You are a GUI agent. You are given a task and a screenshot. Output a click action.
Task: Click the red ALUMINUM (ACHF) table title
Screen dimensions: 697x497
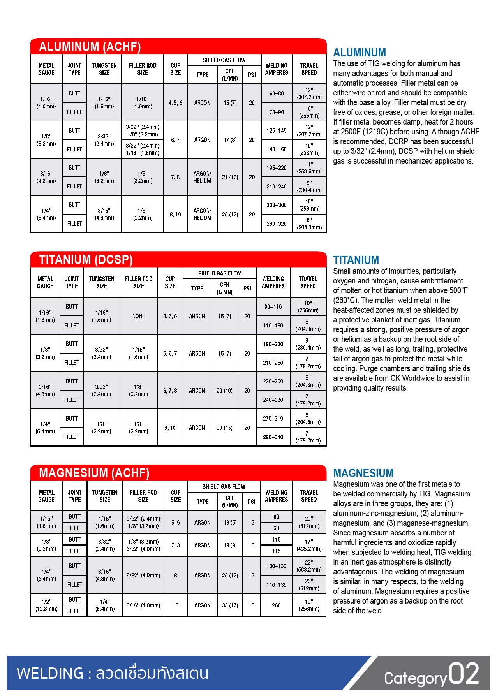tap(90, 47)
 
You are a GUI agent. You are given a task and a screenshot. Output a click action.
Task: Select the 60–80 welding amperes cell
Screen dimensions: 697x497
tap(277, 93)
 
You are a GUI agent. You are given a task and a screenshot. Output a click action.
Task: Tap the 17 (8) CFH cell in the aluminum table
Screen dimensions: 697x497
tap(230, 140)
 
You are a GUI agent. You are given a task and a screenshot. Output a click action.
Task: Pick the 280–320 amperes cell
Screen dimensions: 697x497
tap(277, 224)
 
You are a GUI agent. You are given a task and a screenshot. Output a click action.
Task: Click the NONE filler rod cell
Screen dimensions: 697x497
tap(139, 316)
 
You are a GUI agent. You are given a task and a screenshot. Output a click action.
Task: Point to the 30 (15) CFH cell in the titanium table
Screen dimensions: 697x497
tap(224, 428)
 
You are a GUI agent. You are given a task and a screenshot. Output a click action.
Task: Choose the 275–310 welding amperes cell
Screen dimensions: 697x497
tap(273, 419)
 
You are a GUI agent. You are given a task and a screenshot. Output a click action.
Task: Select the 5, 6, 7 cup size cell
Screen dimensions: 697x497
tap(170, 354)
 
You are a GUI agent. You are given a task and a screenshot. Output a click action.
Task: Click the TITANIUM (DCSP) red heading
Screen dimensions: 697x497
tap(86, 260)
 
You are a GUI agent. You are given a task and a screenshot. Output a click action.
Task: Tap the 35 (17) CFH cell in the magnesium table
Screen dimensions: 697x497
tap(230, 605)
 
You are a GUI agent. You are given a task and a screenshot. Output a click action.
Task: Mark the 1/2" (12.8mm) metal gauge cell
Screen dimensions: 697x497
tap(46, 605)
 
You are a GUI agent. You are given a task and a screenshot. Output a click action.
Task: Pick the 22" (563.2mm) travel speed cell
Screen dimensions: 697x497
tap(309, 566)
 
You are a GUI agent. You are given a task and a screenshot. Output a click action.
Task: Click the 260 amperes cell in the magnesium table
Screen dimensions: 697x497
tap(277, 605)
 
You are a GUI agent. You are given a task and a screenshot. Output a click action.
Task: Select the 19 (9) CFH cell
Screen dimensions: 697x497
tap(230, 546)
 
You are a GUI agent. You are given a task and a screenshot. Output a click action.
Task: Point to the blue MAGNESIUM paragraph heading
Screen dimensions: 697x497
tap(363, 473)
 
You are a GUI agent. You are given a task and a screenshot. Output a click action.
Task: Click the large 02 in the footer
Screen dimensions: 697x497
tap(464, 674)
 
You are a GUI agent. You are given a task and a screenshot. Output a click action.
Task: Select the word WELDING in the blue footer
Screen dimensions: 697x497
tap(50, 674)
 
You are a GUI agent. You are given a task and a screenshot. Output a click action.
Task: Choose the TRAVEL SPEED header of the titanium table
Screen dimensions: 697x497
tap(308, 282)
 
